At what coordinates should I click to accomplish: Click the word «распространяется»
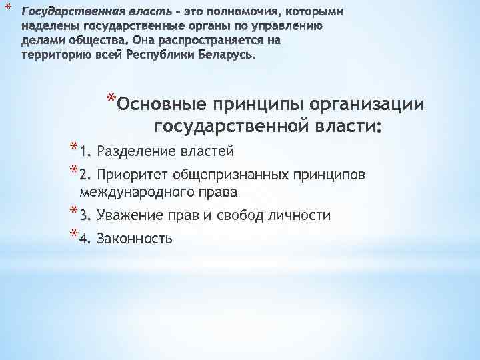pyautogui.click(x=199, y=42)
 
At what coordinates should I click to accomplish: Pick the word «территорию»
pyautogui.click(x=51, y=55)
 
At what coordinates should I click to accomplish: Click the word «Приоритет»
pyautogui.click(x=134, y=175)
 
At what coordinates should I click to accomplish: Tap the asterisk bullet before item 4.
pyautogui.click(x=72, y=235)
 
